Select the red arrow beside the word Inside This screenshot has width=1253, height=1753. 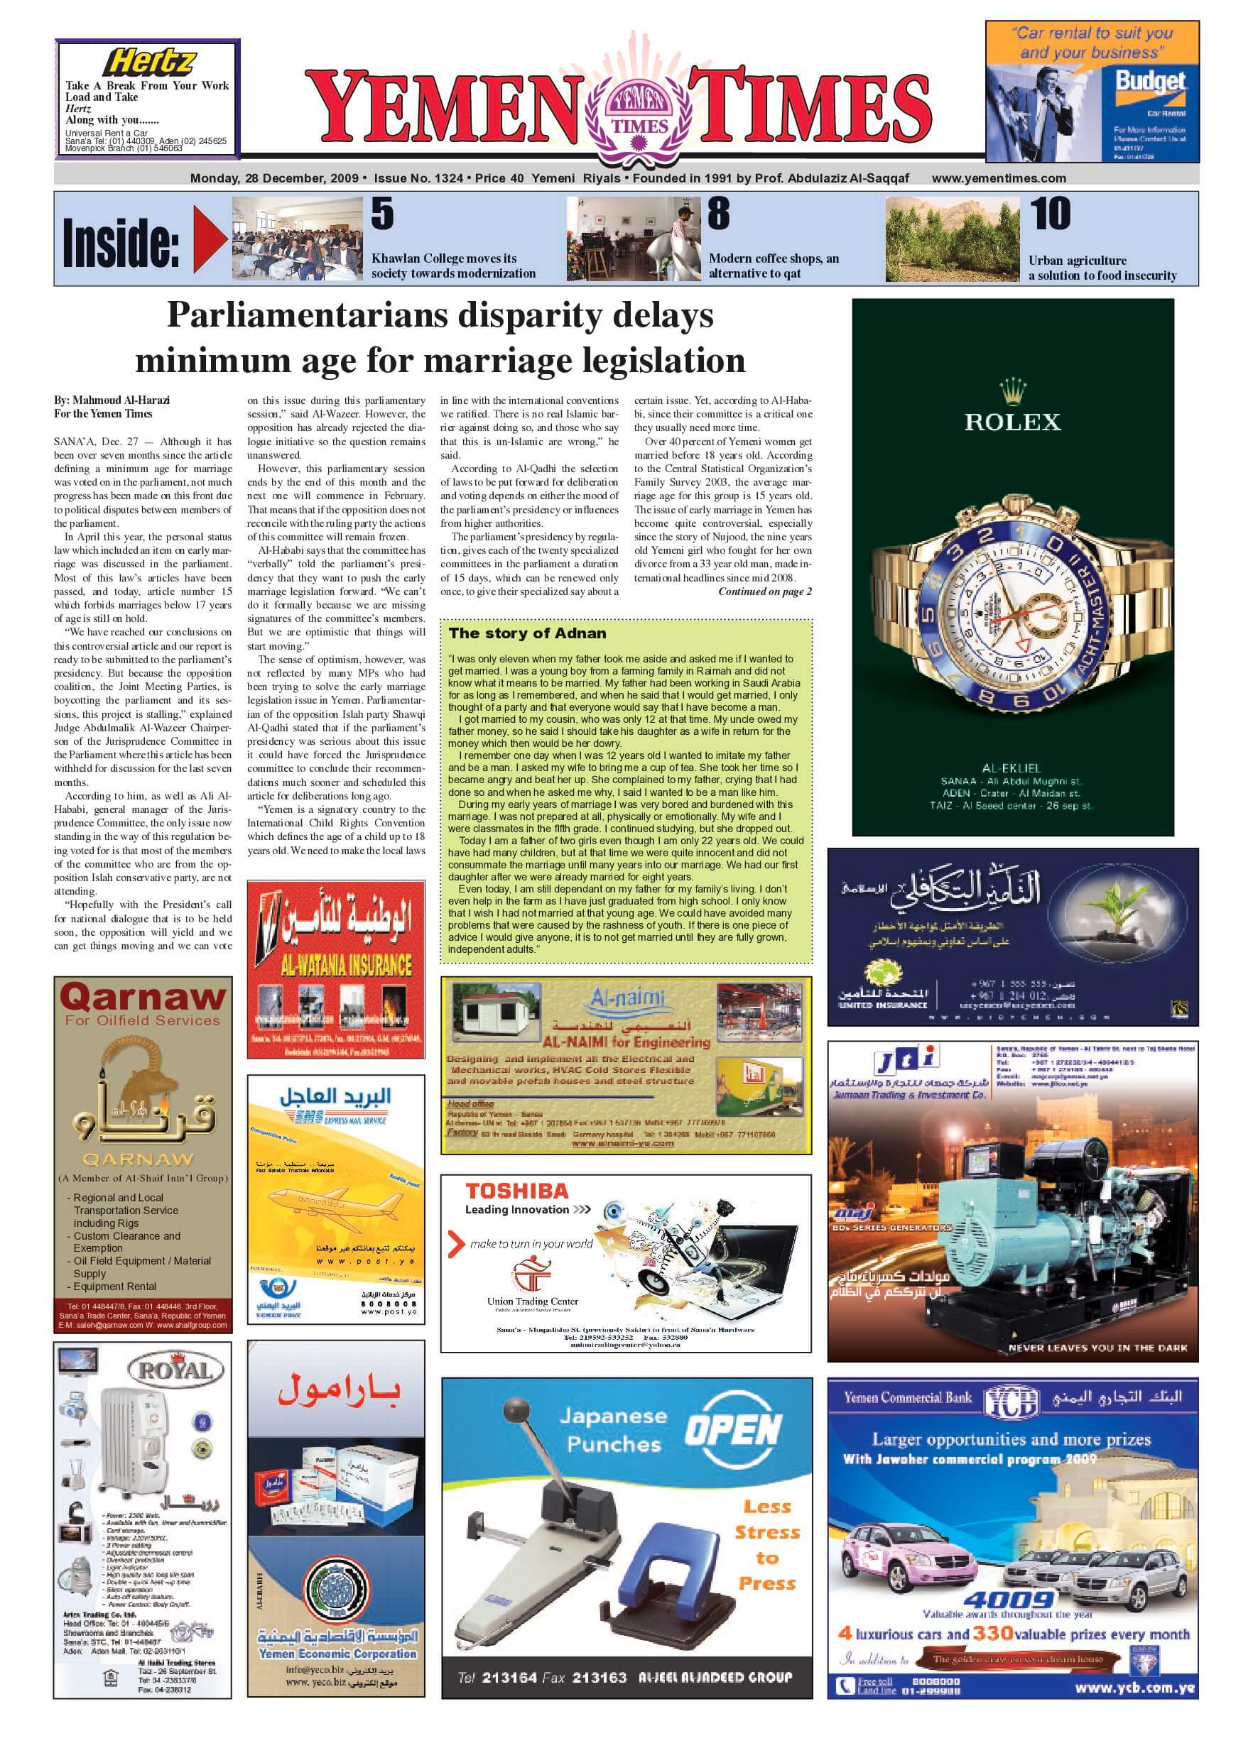point(209,241)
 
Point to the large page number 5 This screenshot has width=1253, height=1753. point(383,214)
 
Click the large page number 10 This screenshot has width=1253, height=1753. point(1051,214)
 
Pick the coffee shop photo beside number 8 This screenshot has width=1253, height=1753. point(632,239)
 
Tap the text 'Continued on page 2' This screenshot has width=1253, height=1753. point(764,591)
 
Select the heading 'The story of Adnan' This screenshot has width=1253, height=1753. point(527,633)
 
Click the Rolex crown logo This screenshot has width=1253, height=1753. point(1011,392)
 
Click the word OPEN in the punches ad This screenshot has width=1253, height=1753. point(733,1430)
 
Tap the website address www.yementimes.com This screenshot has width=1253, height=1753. point(999,178)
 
